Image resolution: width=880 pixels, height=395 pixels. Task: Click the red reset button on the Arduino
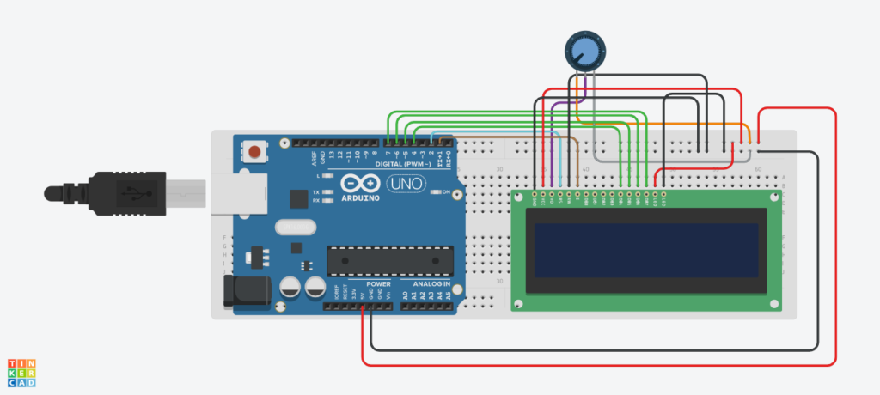[254, 153]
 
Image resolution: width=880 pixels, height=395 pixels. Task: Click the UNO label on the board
[404, 183]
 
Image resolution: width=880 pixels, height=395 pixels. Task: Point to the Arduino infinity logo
[359, 183]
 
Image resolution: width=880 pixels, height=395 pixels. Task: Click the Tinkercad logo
[21, 373]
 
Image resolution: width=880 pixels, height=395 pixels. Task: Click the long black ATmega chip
[390, 260]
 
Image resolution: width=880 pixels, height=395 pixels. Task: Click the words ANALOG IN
[431, 283]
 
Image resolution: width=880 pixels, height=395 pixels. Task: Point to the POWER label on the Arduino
[378, 283]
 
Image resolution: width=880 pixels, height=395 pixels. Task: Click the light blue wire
[561, 163]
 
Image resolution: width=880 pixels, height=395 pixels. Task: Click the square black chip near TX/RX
[299, 199]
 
